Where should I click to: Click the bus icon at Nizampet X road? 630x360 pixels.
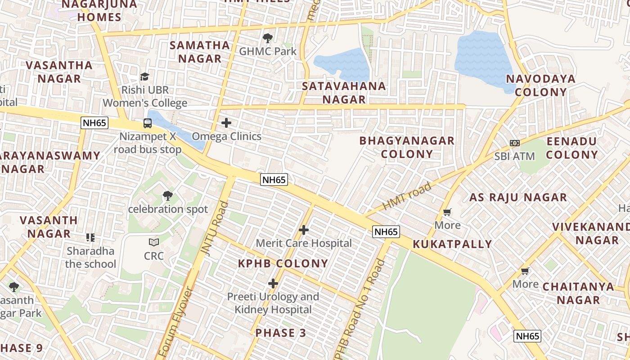[x=147, y=123]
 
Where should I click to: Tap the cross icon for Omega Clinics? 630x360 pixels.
[x=226, y=123]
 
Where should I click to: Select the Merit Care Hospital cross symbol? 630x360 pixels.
[x=304, y=230]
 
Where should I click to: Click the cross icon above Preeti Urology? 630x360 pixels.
[x=273, y=283]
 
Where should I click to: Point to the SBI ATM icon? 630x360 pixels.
[x=514, y=143]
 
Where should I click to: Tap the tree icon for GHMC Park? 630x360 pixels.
[x=267, y=38]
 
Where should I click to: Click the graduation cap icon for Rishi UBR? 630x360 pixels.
[x=144, y=76]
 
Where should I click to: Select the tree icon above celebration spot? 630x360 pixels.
[x=167, y=196]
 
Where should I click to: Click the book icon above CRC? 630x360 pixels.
[x=154, y=242]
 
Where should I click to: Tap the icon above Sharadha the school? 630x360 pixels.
[x=90, y=237]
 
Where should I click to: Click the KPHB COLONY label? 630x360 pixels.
[x=283, y=264]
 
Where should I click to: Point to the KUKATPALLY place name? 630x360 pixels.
[x=452, y=244]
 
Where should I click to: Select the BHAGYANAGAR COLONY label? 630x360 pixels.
[x=407, y=147]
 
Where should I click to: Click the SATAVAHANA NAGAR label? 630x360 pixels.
[x=344, y=93]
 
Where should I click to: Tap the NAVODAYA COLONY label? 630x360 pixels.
[x=541, y=85]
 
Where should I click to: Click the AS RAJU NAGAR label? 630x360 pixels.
[x=518, y=198]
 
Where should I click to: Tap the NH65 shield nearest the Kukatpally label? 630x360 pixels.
[x=386, y=232]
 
